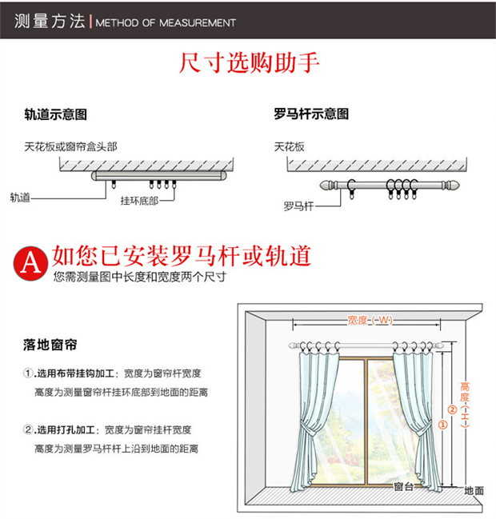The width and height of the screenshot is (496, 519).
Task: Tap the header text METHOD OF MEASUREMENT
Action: point(166,22)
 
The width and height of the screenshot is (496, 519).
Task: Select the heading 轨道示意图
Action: point(54,114)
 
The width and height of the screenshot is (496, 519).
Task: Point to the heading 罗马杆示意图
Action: point(310,114)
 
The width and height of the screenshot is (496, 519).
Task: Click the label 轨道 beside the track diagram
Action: point(20,196)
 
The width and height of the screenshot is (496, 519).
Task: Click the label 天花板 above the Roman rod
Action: point(289,147)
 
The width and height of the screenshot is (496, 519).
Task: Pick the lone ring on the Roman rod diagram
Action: point(350,189)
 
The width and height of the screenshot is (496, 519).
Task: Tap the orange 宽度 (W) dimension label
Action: point(370,321)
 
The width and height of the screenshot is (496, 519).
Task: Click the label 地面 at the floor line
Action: point(474,490)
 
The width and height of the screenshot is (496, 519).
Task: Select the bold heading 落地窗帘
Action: point(49,345)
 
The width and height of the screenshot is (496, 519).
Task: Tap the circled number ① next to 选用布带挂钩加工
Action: point(29,373)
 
